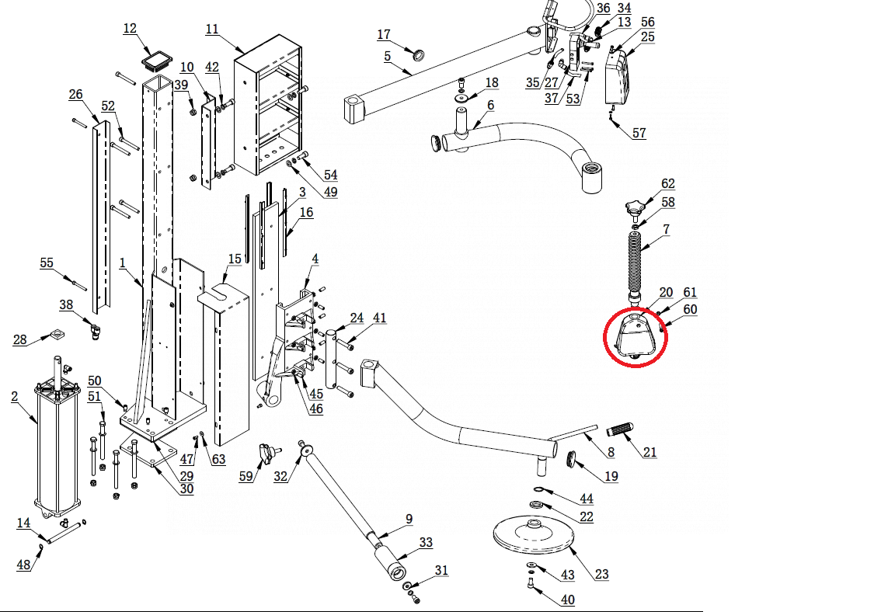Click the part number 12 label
pos(130,29)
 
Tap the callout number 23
pos(602,575)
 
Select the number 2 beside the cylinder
pos(15,397)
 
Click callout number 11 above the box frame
pos(212,29)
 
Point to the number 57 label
pos(639,133)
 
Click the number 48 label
pos(24,565)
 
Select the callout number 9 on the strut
pos(409,519)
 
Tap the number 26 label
pos(75,95)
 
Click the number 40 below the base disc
pos(568,600)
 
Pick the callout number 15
pos(235,259)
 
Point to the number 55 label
pos(47,263)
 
